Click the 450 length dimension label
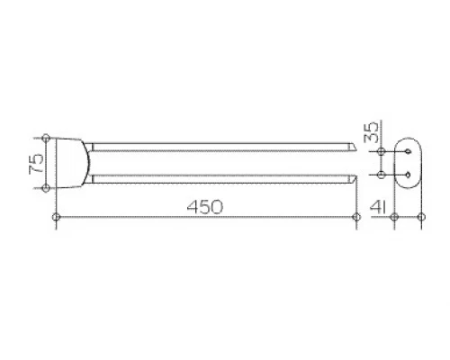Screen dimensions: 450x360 [x=205, y=207]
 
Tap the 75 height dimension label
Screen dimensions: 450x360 [x=36, y=164]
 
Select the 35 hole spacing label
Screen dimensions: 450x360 [x=371, y=131]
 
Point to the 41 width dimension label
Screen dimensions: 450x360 [x=378, y=207]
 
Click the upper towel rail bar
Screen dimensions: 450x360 [x=222, y=147]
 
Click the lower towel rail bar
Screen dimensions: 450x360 [x=222, y=179]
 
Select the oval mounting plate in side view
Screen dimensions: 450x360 [x=408, y=164]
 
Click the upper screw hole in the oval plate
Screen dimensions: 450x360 [x=408, y=152]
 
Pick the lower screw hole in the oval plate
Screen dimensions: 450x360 [x=408, y=175]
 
